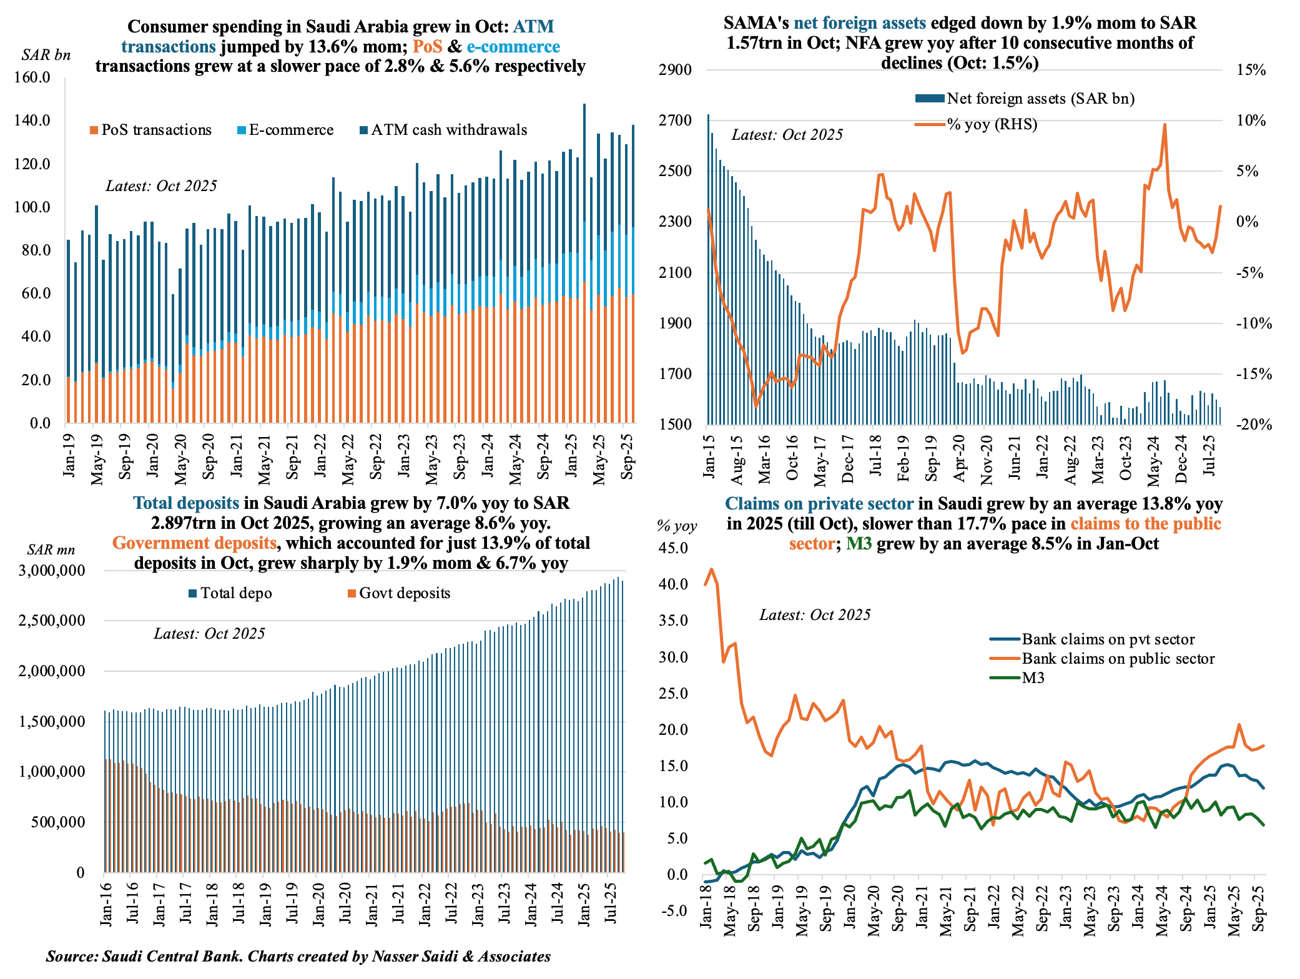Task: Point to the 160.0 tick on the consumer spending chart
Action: tap(32, 77)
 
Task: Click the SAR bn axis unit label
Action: tap(46, 55)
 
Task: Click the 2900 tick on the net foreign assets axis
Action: tap(675, 70)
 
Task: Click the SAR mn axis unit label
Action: tap(51, 550)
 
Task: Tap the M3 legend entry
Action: tap(1033, 678)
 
